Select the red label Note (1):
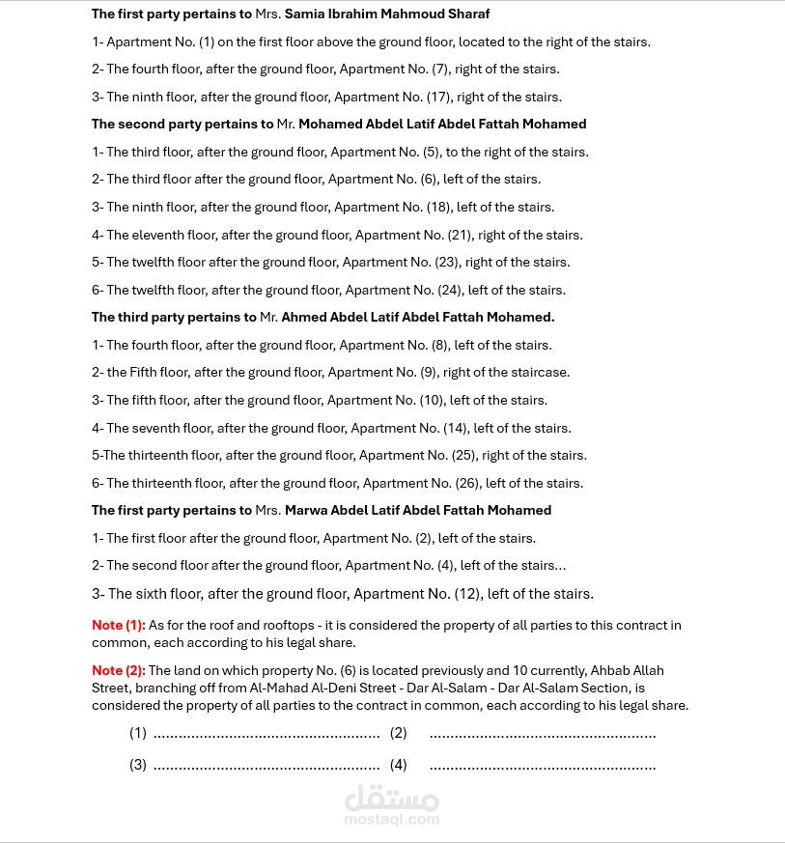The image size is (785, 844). click(x=118, y=626)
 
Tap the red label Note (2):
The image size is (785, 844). click(x=118, y=670)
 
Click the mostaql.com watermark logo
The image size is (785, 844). click(x=391, y=805)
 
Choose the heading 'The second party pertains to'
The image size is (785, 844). click(x=182, y=124)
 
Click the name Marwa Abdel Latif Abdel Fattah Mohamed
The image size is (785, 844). click(x=418, y=510)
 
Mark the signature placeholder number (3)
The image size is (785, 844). click(x=138, y=765)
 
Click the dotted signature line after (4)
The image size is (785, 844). click(x=543, y=767)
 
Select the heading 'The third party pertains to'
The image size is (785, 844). click(x=174, y=317)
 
